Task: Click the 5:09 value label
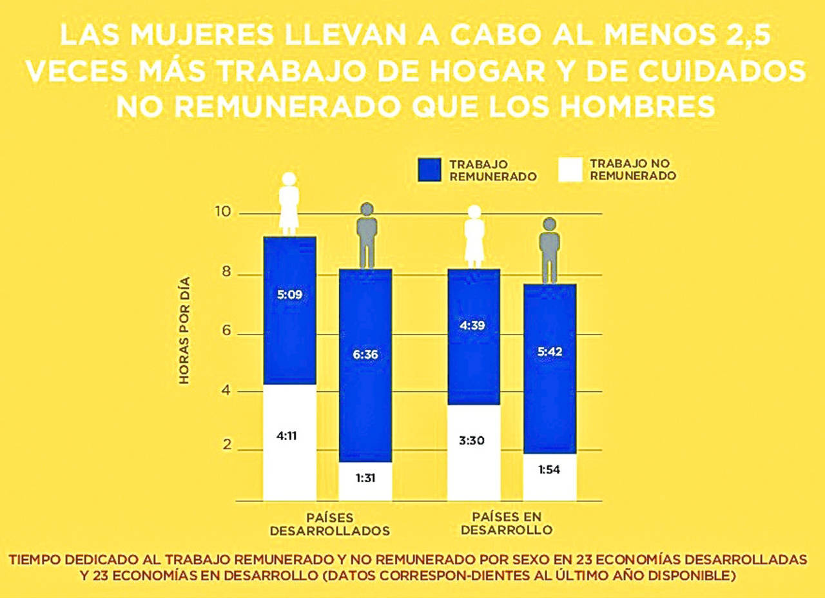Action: pos(289,296)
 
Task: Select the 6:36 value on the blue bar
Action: pos(365,354)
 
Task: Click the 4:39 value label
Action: pos(474,325)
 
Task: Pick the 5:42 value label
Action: pos(549,352)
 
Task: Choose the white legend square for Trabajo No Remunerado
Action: pos(569,169)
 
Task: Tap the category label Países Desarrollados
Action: pos(329,525)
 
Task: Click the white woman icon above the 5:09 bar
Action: pos(289,203)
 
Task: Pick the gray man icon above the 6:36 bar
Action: pos(367,235)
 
